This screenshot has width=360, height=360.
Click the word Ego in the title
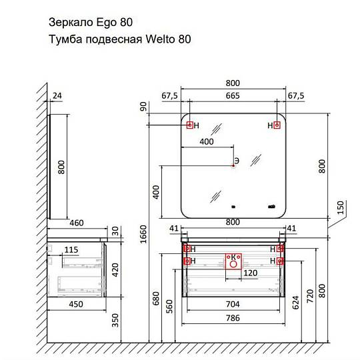point(106,23)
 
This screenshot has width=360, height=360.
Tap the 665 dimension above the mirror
point(233,96)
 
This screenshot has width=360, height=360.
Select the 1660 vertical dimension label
point(143,234)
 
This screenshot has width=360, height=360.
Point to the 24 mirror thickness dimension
point(57,95)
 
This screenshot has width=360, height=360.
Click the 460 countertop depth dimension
point(77,223)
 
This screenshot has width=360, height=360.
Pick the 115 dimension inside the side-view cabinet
point(71,250)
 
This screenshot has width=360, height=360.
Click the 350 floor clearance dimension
point(115,320)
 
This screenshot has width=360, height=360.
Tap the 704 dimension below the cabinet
point(233,304)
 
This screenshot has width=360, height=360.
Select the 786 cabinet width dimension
point(233,318)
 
